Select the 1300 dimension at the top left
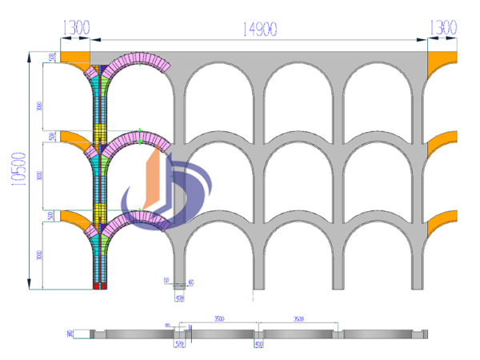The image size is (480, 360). coord(75,28)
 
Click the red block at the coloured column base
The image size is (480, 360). coord(99,285)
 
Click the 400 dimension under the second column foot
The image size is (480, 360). coord(180,298)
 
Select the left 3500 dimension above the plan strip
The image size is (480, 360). coord(218,318)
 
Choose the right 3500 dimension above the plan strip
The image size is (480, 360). coord(299,318)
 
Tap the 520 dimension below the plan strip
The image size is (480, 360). coord(179,345)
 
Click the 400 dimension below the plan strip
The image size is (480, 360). coord(259,345)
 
